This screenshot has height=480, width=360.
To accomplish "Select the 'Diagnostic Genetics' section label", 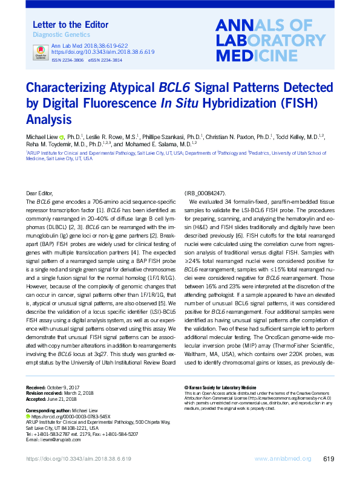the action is pos(55,35).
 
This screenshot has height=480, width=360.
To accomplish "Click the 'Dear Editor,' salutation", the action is pos(41,192).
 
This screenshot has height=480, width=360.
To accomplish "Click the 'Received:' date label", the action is pos(39,386).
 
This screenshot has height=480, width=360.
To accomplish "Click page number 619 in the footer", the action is pos(329,459).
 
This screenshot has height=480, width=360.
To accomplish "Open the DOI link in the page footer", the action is pos(79,459).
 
